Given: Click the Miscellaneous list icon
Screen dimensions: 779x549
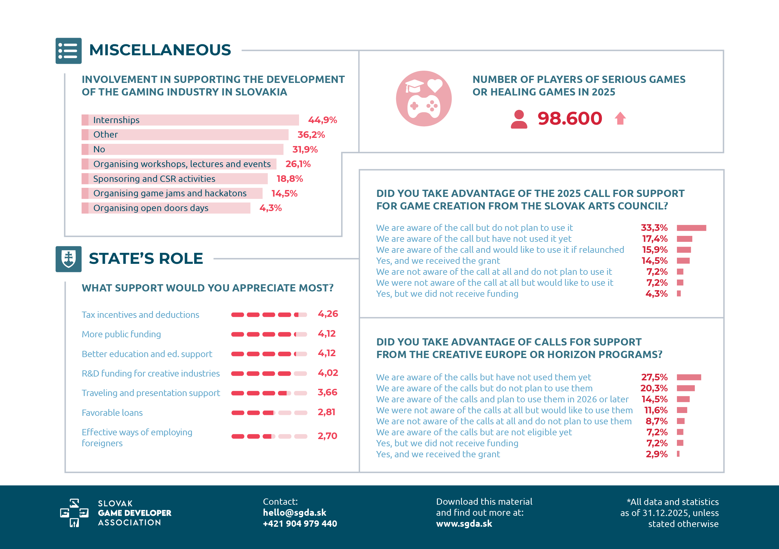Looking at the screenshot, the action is click(x=68, y=51).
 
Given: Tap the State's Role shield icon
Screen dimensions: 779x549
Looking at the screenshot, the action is click(x=68, y=259).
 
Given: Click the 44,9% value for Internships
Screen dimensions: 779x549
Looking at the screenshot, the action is click(x=322, y=120).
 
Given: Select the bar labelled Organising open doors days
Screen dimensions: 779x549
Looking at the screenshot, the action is click(x=166, y=208).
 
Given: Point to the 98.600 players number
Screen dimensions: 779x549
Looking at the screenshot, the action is click(x=570, y=118).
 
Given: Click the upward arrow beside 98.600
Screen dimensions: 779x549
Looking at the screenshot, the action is click(x=620, y=118).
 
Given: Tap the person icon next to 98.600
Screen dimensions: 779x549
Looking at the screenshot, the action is click(x=519, y=119).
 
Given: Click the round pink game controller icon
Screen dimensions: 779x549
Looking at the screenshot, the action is click(x=424, y=98).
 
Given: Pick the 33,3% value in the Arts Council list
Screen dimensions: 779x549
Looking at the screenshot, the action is click(x=654, y=228).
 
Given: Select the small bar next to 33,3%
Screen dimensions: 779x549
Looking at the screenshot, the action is click(x=691, y=228).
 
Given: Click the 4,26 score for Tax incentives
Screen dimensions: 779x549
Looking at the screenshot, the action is click(x=328, y=313).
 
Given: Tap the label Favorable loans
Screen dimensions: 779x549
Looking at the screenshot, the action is click(x=112, y=413).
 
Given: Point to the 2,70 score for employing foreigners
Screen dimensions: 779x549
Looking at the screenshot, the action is click(x=327, y=436).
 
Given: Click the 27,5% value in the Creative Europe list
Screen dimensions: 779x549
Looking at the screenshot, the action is click(x=654, y=377).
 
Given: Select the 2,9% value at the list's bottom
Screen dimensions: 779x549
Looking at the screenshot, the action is click(x=656, y=454).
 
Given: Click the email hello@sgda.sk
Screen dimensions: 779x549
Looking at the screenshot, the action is click(x=295, y=512).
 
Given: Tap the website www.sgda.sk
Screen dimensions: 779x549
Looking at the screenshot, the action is click(x=464, y=524).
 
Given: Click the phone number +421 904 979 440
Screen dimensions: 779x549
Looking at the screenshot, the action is click(x=300, y=524).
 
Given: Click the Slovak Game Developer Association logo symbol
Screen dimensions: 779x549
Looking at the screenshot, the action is click(x=74, y=513).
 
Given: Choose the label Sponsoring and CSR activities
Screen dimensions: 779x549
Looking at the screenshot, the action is click(x=154, y=179).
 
